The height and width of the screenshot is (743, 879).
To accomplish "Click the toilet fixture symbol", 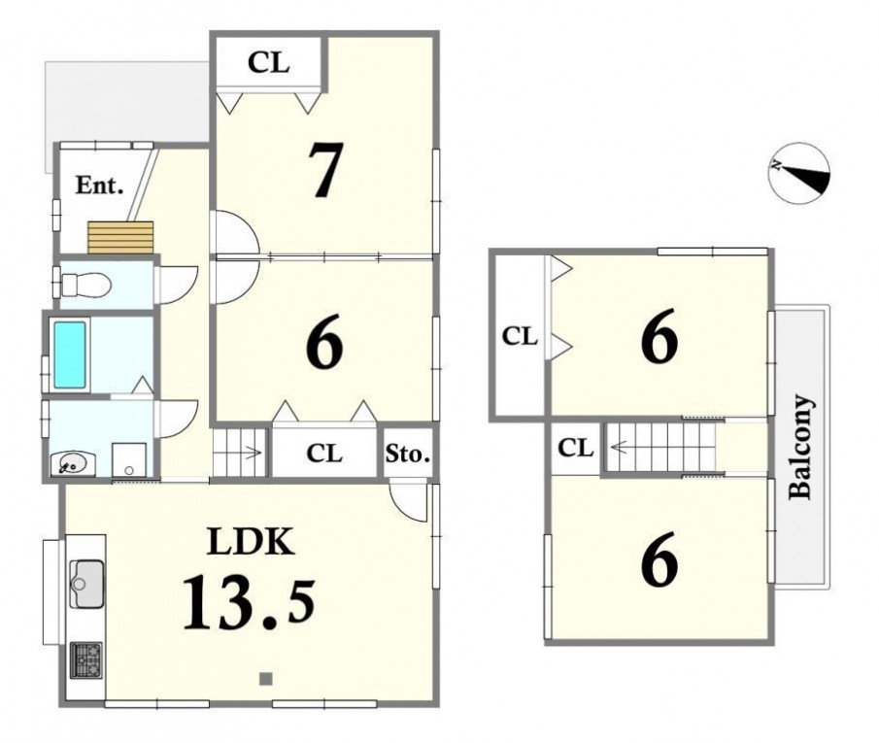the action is (x=85, y=285).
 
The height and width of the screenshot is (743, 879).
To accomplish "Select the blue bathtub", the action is (x=70, y=355).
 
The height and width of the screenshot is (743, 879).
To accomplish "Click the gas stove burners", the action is (x=85, y=660).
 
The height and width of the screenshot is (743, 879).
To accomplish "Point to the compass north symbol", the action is (x=798, y=172).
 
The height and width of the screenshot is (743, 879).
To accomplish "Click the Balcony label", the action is (x=800, y=447).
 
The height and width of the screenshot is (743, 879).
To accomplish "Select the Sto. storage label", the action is (x=408, y=454).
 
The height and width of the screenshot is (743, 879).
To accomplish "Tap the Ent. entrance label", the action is (x=100, y=186).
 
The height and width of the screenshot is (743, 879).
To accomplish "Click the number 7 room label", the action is (x=325, y=171).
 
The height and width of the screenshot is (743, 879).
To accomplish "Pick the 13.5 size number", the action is (x=249, y=602).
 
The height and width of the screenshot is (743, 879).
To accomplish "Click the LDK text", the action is (x=251, y=542).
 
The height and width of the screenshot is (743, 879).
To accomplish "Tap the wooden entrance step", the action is (x=120, y=237).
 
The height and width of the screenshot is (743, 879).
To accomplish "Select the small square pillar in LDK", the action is (x=266, y=679).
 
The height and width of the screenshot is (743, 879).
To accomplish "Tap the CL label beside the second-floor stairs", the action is (x=576, y=448).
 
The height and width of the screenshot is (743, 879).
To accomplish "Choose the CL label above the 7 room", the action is (x=268, y=62).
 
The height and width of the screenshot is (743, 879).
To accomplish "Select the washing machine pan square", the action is (x=129, y=459).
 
